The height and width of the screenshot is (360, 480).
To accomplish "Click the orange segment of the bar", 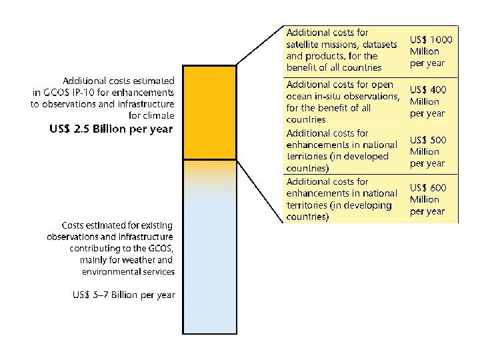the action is click(x=209, y=112).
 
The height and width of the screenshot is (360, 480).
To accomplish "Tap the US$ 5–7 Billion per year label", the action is click(x=124, y=295).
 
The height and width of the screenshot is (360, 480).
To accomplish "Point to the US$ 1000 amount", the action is click(x=431, y=40).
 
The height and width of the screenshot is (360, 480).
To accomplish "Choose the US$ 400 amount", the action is click(x=428, y=89).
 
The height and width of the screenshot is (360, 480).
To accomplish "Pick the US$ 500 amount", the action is click(x=428, y=140).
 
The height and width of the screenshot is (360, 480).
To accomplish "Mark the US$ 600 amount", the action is click(x=428, y=188).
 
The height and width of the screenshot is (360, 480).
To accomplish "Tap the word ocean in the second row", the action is click(x=301, y=97).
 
